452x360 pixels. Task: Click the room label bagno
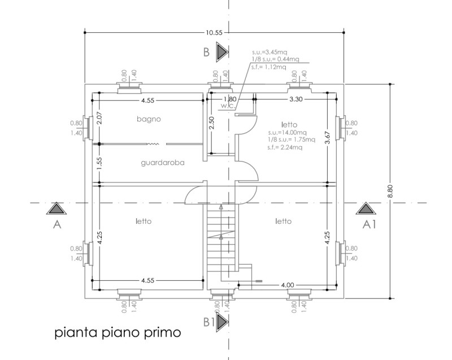tap(149, 119)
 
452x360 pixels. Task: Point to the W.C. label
tap(228, 106)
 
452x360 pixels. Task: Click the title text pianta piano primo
tap(118, 332)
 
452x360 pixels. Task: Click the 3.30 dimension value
tap(295, 99)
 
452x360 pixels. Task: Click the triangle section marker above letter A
tap(55, 209)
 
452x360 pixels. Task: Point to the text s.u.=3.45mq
tap(270, 51)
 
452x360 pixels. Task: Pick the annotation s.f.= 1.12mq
tap(269, 67)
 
